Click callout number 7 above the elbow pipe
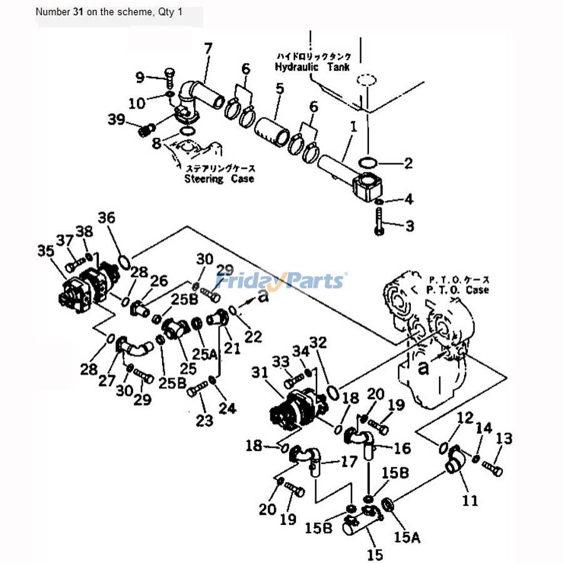click(208, 48)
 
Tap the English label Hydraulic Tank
click(312, 67)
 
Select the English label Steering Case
click(219, 179)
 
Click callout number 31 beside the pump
click(259, 372)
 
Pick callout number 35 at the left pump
click(46, 251)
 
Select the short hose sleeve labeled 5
click(272, 129)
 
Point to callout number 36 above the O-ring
click(106, 218)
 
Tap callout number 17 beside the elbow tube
click(347, 462)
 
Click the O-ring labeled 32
click(332, 392)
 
